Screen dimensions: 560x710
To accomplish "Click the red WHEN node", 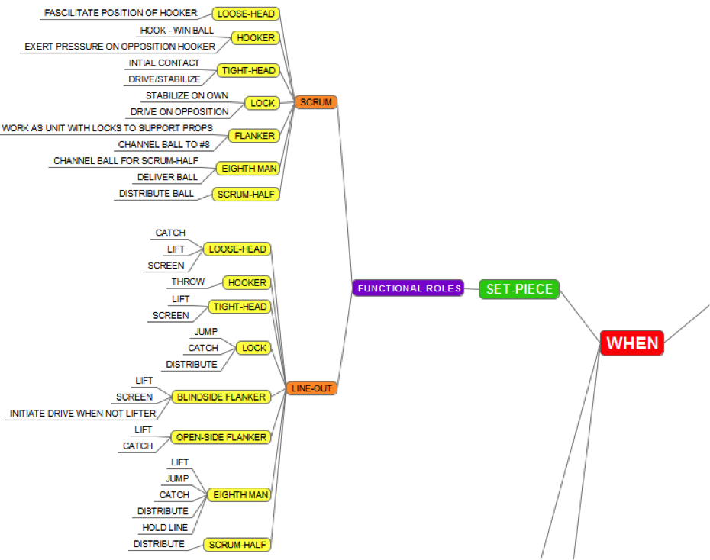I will coord(632,343).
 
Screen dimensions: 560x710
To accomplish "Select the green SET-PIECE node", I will coord(519,289).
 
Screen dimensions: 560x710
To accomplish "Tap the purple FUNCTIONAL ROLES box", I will coord(408,288).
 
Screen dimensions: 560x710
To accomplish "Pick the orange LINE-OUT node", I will coord(312,388).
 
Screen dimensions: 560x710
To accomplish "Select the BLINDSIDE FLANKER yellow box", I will coord(221,397).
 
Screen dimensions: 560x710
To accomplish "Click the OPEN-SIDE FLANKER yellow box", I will coord(221,437).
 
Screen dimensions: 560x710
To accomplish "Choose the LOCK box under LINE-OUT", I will coord(253,348).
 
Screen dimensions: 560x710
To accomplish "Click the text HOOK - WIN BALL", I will coord(177,31).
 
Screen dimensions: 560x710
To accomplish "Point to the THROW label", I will coord(188,282).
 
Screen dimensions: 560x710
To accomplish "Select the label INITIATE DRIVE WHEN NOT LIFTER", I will coord(82,414).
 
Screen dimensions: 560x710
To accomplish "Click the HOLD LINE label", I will coord(165,528).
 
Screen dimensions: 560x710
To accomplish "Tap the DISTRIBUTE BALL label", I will coord(157,194).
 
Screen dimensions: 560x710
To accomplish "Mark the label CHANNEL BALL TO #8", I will coord(163,144).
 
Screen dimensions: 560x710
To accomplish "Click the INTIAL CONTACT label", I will coord(164,63).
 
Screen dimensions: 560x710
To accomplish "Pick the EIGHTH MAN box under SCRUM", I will coord(249,168).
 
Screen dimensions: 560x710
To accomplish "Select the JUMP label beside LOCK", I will coord(206,331).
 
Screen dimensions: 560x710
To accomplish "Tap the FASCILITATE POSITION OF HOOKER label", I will coord(121,13).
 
